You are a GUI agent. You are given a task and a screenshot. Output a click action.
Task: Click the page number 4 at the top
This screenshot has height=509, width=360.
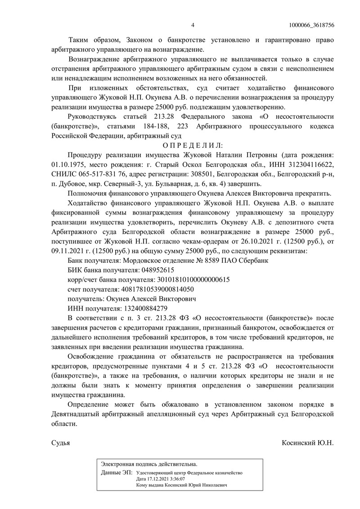[193, 25]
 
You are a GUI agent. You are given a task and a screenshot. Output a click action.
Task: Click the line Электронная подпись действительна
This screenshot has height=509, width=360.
[149, 463]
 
